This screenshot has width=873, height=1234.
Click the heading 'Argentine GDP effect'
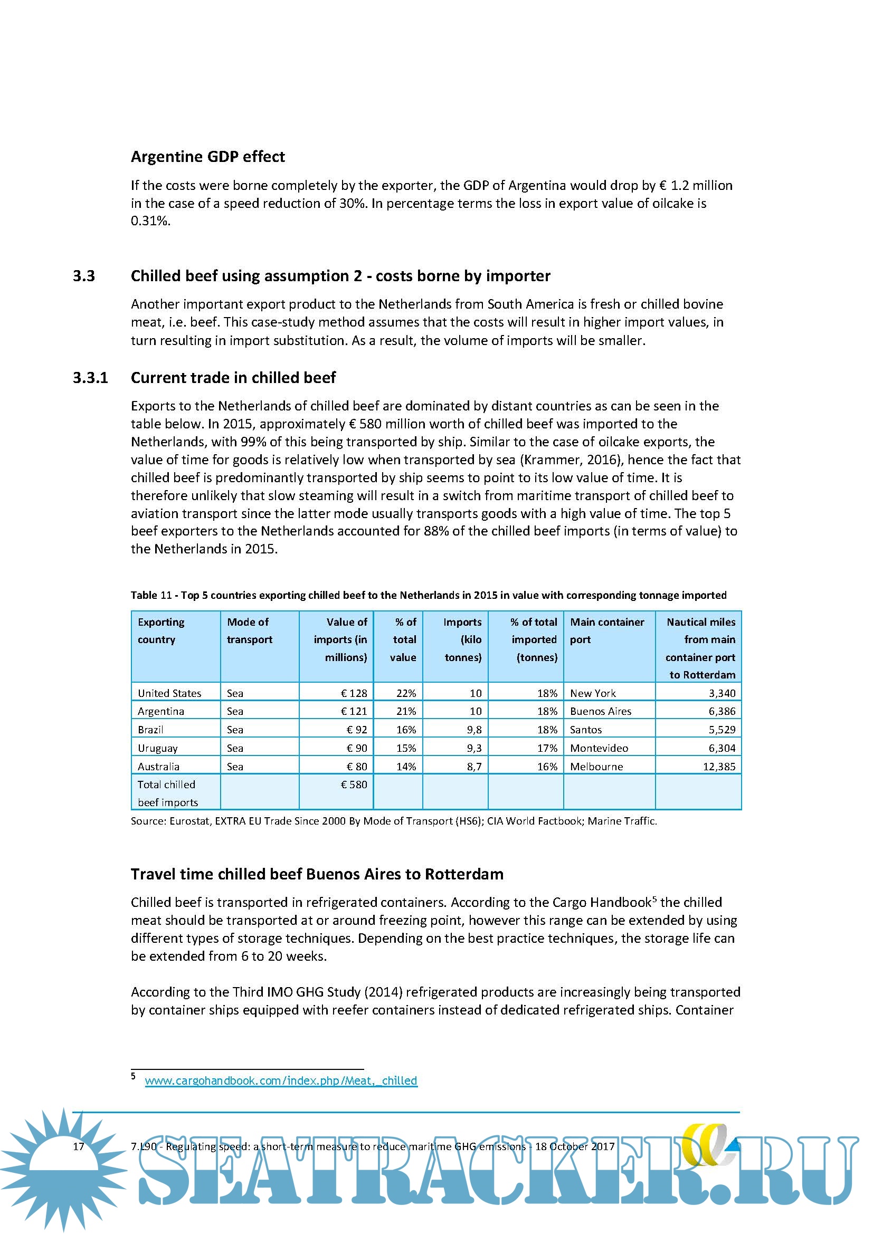pyautogui.click(x=207, y=156)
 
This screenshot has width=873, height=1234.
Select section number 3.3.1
pyautogui.click(x=90, y=377)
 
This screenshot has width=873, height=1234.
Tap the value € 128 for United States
pyautogui.click(x=354, y=693)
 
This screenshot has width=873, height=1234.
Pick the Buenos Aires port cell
pyautogui.click(x=601, y=711)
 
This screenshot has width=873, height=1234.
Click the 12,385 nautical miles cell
pyautogui.click(x=719, y=766)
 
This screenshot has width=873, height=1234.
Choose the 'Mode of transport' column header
pyautogui.click(x=250, y=630)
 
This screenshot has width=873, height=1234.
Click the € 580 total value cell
pyautogui.click(x=354, y=784)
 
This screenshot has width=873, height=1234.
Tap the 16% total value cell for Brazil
pyautogui.click(x=406, y=729)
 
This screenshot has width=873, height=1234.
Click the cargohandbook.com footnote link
pyautogui.click(x=281, y=1080)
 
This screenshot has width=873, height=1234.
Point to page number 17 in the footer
pyautogui.click(x=79, y=1146)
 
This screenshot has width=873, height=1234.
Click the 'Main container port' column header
pyautogui.click(x=607, y=630)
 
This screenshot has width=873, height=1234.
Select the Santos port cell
pyautogui.click(x=586, y=729)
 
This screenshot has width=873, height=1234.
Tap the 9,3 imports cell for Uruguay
pyautogui.click(x=473, y=748)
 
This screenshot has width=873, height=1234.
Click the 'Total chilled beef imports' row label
pyautogui.click(x=167, y=793)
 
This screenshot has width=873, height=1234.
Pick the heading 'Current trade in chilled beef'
pyautogui.click(x=233, y=377)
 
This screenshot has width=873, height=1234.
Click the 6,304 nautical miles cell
pyautogui.click(x=722, y=748)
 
